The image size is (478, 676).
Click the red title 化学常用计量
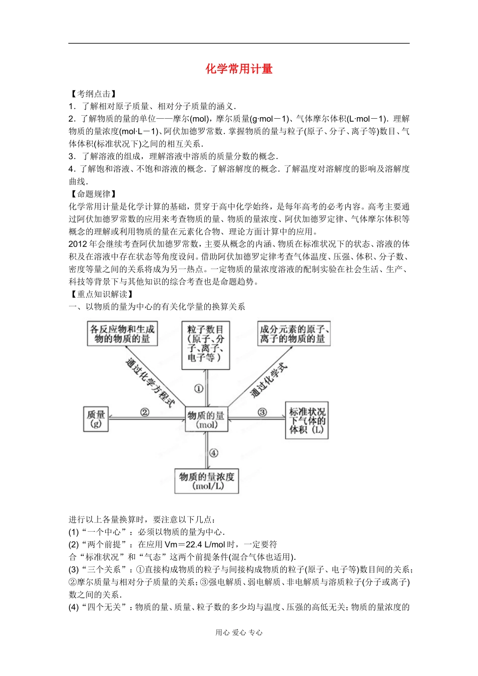click(x=239, y=69)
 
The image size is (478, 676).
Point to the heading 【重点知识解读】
click(x=102, y=294)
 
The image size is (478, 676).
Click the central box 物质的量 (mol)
click(x=206, y=419)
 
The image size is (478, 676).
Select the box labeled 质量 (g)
click(x=96, y=419)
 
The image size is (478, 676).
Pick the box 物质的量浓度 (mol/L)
click(x=207, y=481)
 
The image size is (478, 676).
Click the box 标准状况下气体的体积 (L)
click(x=307, y=420)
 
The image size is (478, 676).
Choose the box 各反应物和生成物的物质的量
click(x=122, y=334)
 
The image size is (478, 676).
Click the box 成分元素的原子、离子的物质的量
click(x=294, y=334)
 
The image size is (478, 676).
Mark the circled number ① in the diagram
click(x=199, y=388)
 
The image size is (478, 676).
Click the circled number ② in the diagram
click(x=144, y=412)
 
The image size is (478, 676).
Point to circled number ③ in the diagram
click(x=262, y=412)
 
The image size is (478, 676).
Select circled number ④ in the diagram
click(x=214, y=453)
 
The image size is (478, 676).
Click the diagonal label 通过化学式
click(x=269, y=380)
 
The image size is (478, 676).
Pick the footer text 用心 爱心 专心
click(x=239, y=633)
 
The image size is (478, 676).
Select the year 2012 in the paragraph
click(x=78, y=244)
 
